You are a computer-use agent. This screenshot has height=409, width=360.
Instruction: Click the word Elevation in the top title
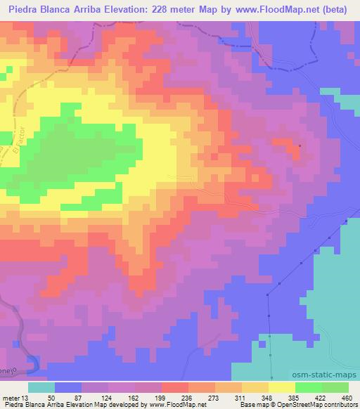pos(136,8)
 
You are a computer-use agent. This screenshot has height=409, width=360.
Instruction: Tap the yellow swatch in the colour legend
pos(281,388)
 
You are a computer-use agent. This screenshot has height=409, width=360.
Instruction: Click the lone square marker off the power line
pos(300,146)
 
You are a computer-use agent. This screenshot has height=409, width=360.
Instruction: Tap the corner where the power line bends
pos(268,293)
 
